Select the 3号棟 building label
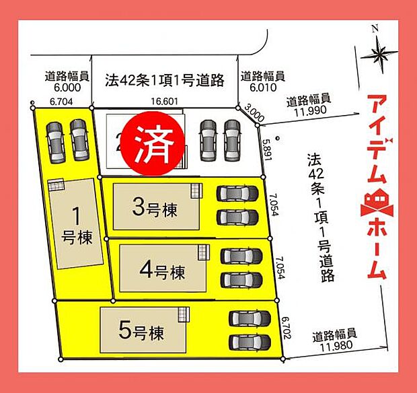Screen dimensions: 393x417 tap(155, 209)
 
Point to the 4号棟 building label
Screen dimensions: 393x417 tap(162, 272)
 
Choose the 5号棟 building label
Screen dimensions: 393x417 tap(142, 330)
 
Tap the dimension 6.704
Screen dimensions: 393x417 tap(61, 102)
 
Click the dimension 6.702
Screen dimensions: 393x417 tap(286, 328)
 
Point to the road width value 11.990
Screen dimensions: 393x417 tap(310, 110)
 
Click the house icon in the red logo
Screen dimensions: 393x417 tap(377, 203)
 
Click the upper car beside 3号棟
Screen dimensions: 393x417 tap(237, 194)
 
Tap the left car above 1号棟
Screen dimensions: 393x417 tap(54, 140)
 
